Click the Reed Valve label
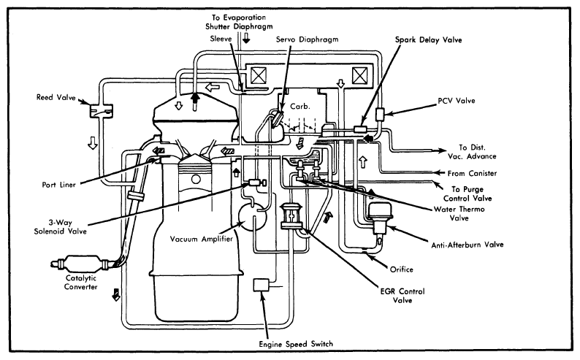pos(56,97)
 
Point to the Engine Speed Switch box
pos(262,286)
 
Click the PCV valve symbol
pos(380,114)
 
